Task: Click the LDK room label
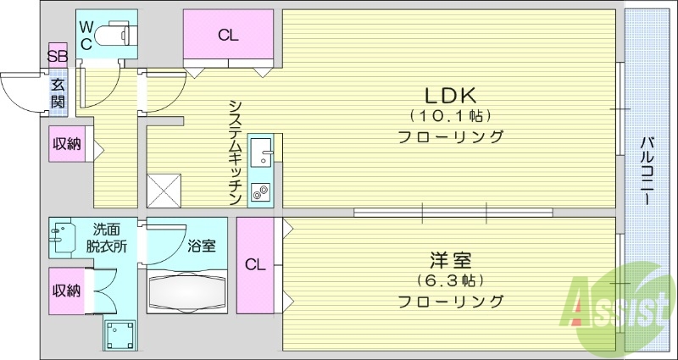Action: coord(449,95)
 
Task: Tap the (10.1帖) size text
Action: coord(450,115)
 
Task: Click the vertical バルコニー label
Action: coord(647,169)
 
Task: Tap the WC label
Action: coord(86,36)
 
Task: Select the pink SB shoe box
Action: coord(58,57)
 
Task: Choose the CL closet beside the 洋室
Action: coord(255,264)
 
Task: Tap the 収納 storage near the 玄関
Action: coord(66,144)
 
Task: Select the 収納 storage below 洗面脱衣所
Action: coord(66,291)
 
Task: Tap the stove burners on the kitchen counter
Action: coord(259,192)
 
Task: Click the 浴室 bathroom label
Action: coord(202,247)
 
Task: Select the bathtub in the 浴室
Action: coord(187,293)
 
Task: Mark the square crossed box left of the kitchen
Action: coord(164,191)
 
